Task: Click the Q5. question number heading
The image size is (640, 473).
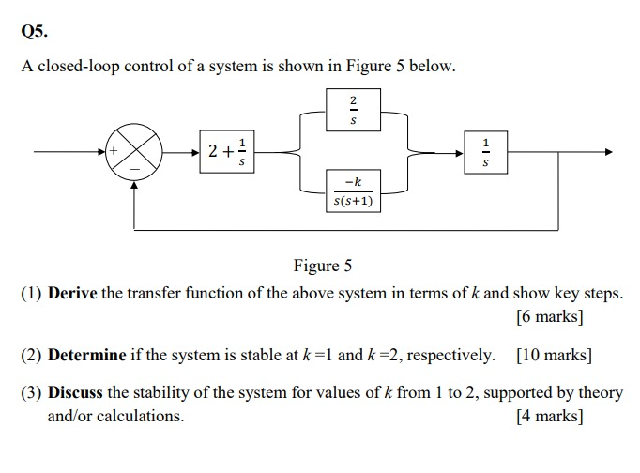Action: [x=33, y=30]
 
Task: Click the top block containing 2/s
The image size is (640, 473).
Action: [x=353, y=110]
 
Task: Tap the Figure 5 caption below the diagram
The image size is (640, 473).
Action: [x=323, y=266]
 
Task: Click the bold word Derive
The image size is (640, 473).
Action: [x=73, y=293]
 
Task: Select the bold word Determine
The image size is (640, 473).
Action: [x=86, y=355]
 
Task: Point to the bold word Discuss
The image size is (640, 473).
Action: [x=76, y=392]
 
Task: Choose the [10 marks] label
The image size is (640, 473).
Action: [x=554, y=355]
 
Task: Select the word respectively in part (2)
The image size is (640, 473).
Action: [x=450, y=355]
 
